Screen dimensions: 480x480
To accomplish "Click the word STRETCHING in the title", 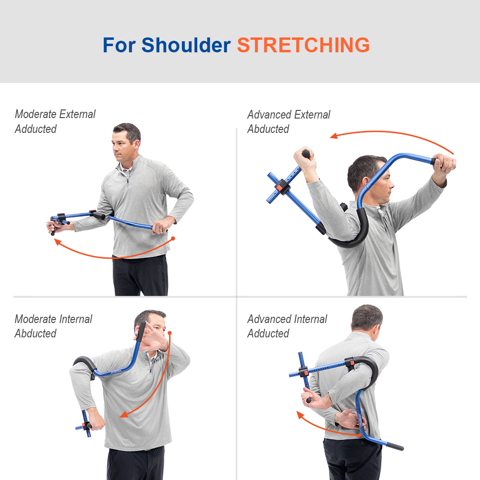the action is pos(303,45).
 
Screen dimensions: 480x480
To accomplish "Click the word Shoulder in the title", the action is pos(186,45).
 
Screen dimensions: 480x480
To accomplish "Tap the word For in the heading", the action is pos(119,45).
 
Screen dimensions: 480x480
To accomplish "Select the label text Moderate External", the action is pos(55,114).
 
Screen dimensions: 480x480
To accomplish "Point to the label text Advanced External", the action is pos(288,115).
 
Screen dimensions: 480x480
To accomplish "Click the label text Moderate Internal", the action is pos(53,319).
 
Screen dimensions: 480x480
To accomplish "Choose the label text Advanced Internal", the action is pos(287,319).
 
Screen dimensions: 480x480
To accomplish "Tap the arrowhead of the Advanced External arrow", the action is pos(334,136).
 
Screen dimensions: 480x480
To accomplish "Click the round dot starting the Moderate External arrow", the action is pos(173,239).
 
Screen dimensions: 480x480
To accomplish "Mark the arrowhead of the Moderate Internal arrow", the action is pos(123,415).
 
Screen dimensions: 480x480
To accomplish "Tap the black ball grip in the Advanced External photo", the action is pos(306,154).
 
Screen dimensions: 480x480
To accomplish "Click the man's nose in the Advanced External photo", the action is pos(392,185).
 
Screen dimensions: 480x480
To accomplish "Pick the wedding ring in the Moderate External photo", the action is pos(161,229).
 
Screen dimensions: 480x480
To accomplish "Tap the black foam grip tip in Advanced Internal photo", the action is pos(395,446).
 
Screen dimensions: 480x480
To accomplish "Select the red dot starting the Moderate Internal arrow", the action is pos(169,333).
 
